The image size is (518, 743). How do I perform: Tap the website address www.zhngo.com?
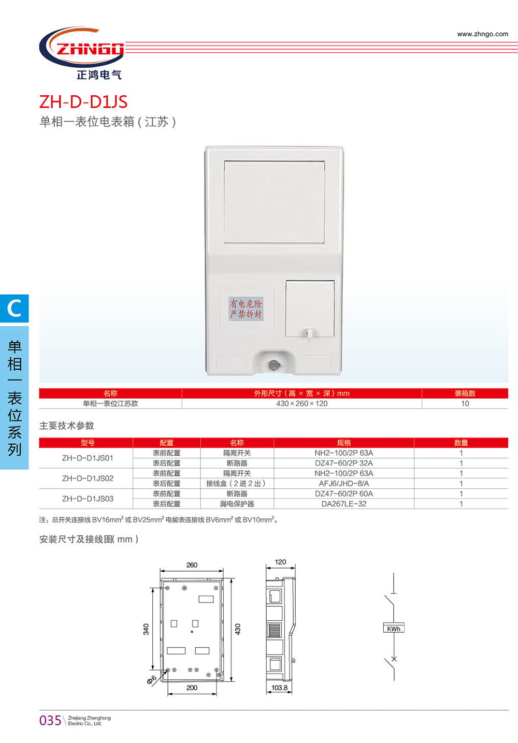pos(482,34)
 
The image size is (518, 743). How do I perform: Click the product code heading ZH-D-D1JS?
pos(83,101)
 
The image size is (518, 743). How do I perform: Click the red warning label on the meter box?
pos(246,309)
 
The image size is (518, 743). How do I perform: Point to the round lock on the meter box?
pos(274,366)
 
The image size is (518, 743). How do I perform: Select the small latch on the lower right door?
pos(309,333)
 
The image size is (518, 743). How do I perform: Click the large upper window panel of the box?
pos(275,202)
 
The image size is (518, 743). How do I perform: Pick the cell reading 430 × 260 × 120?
pos(301,404)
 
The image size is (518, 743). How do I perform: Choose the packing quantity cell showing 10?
pos(465,404)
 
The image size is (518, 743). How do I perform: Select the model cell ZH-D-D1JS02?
pos(88,478)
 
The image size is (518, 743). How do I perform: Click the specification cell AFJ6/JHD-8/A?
pos(343,484)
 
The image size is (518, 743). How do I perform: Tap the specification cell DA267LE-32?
pos(343,504)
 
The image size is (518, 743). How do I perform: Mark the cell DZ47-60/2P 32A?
pos(343,463)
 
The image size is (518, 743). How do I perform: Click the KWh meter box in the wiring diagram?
pos(393,629)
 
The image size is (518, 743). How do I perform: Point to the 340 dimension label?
pos(146,629)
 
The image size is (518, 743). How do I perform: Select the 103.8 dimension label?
pos(279,688)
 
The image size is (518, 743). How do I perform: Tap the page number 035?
pos(50,720)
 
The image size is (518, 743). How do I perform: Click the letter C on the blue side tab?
pos(14,309)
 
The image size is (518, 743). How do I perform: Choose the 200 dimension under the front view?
pos(192,688)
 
